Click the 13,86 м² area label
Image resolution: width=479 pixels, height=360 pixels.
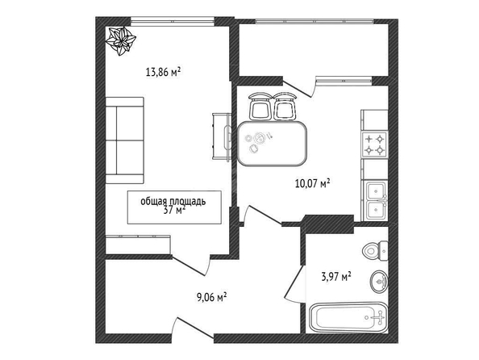164,72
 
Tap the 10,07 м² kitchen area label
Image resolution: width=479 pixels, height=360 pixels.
313,183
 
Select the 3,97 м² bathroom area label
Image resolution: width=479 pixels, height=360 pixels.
336,277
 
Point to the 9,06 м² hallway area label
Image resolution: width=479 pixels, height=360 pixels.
212,297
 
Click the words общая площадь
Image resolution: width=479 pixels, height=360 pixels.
173,201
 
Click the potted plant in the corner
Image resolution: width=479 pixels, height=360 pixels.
121,40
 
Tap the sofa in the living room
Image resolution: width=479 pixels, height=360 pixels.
125,140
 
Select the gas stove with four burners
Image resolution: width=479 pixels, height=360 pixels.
374,144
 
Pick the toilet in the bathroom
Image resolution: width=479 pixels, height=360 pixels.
376,251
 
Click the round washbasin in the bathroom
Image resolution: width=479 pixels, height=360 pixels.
379,282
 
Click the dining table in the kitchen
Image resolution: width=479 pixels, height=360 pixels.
273,144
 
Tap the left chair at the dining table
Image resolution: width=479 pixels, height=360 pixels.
260,106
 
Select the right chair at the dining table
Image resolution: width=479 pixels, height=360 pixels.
285,106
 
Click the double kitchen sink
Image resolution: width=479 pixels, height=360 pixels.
375,201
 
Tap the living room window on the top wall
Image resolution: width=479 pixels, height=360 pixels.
173,22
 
